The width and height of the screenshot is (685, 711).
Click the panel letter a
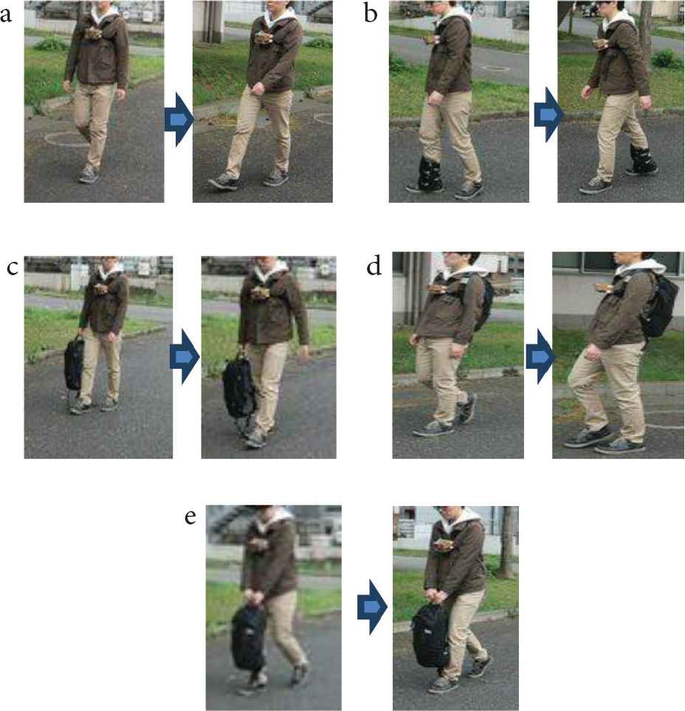(x=6, y=14)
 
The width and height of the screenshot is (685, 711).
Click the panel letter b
(x=371, y=13)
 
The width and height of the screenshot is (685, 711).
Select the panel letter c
(x=13, y=268)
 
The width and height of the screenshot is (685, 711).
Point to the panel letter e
(x=190, y=516)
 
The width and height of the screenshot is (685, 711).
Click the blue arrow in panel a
(x=179, y=119)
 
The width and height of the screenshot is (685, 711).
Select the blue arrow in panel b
(x=549, y=114)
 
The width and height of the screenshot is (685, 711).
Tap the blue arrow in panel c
(x=185, y=356)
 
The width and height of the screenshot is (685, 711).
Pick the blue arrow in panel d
(x=540, y=356)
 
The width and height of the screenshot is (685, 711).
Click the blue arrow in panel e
(x=372, y=607)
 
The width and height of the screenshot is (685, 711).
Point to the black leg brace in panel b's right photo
(x=642, y=159)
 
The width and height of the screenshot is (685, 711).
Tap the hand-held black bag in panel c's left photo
(x=75, y=364)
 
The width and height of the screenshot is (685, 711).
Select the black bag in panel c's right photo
(x=238, y=386)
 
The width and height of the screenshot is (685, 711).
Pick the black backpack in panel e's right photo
(x=430, y=635)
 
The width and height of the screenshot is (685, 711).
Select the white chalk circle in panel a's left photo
(x=68, y=139)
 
